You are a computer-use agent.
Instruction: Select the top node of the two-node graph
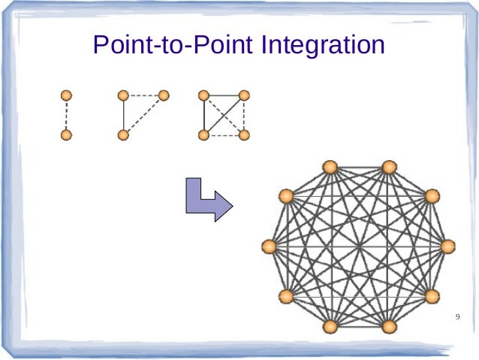[66, 95]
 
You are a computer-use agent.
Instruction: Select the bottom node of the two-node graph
[66, 135]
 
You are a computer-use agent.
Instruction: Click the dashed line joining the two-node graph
[66, 115]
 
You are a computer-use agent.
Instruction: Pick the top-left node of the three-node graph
[124, 95]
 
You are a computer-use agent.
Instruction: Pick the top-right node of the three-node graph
[164, 95]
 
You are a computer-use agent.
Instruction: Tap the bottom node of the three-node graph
[124, 135]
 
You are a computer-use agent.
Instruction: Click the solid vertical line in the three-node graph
[124, 115]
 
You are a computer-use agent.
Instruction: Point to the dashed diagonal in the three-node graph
[144, 115]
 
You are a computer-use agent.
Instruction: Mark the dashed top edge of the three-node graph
[144, 95]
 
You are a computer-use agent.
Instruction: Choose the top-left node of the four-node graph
[203, 95]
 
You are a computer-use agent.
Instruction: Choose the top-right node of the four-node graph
[243, 95]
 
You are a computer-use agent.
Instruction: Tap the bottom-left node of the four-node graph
[203, 135]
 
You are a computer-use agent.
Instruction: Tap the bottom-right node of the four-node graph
[243, 135]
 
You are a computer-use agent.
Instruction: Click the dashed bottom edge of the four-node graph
[223, 135]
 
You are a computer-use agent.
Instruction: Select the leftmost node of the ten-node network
[270, 246]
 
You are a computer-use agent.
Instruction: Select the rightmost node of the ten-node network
[448, 246]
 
